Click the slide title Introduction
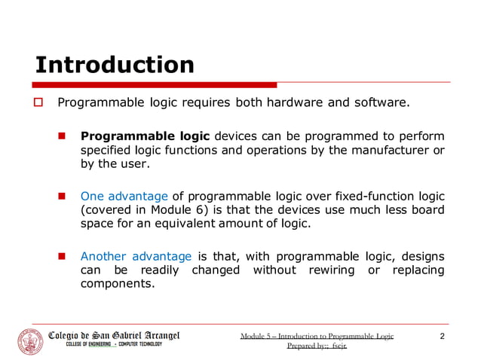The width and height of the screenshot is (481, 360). (115, 65)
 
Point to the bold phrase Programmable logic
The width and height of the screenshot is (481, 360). (146, 136)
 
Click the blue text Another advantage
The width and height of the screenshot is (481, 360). (136, 256)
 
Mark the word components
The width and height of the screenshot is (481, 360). (117, 284)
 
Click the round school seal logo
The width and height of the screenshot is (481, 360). (31, 341)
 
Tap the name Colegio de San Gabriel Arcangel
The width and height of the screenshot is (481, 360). (114, 335)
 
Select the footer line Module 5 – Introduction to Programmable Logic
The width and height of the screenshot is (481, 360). (317, 336)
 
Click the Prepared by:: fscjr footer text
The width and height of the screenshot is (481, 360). (317, 347)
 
